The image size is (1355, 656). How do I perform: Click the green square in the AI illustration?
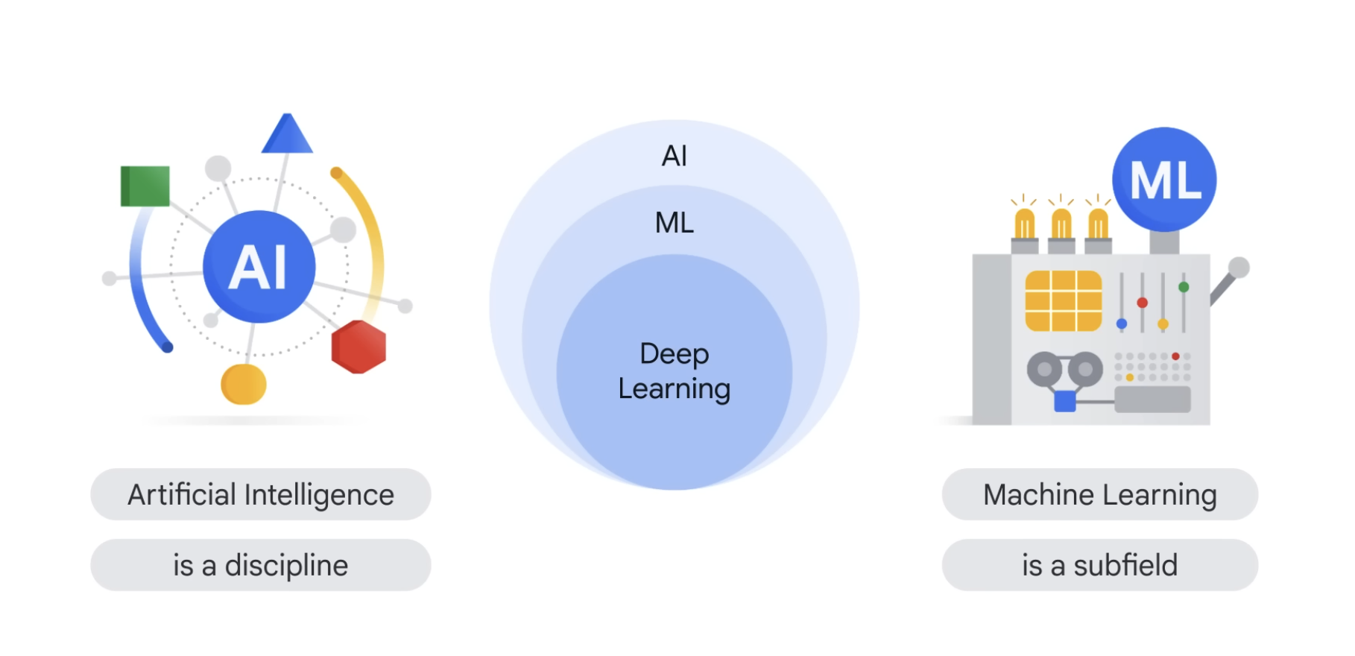(145, 186)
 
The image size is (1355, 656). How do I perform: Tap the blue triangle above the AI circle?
(287, 136)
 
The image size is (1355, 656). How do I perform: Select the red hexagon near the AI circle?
(359, 347)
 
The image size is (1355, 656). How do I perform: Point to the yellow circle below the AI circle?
(244, 384)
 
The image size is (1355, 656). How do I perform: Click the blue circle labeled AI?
(259, 266)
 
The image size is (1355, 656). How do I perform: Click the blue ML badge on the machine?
(1164, 180)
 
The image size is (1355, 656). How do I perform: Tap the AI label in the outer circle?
(675, 156)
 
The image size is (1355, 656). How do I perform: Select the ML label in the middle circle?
(675, 222)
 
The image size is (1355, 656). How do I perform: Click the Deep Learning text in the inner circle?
(675, 371)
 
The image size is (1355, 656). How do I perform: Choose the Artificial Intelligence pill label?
(261, 494)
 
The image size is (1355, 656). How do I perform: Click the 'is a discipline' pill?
(261, 565)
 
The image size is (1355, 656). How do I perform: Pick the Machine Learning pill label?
(1099, 494)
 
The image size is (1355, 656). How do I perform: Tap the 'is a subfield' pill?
(1099, 565)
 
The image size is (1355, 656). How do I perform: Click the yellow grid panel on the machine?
(1064, 300)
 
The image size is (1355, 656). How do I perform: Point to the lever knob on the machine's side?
(1239, 267)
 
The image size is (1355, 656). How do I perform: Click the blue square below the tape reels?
(1065, 401)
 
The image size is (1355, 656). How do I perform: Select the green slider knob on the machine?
(1184, 287)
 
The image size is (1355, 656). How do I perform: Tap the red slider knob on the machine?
(1142, 303)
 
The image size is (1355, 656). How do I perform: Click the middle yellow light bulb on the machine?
(1061, 223)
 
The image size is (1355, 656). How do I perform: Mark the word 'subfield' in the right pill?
(1125, 565)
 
